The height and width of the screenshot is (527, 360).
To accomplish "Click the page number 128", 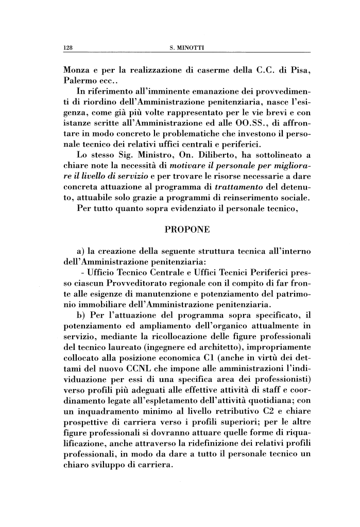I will (66, 48).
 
